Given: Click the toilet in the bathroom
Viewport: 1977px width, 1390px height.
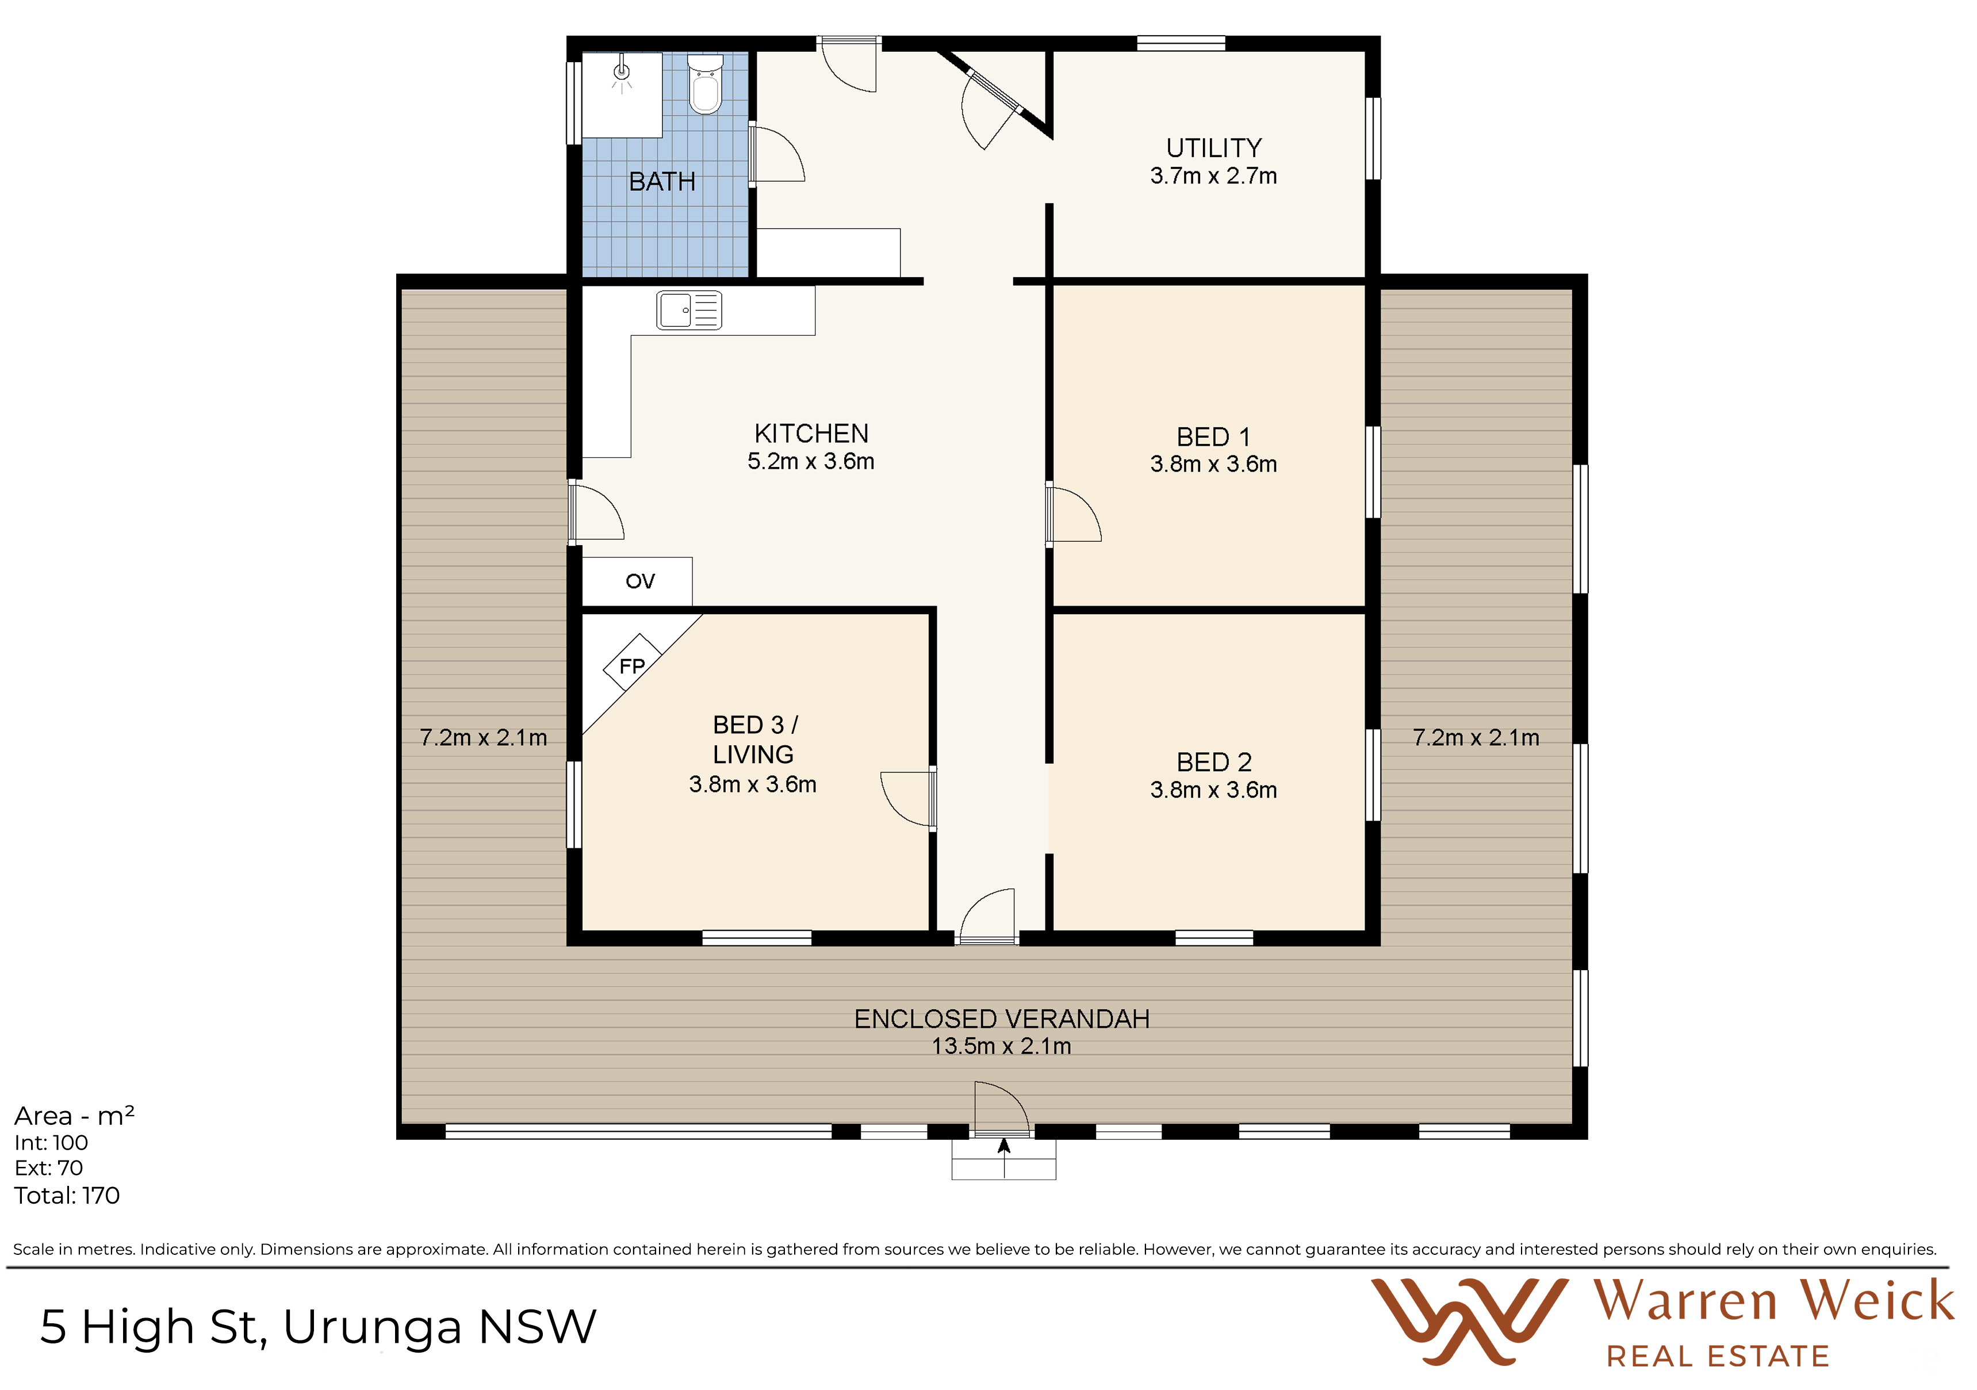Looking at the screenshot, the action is (705, 85).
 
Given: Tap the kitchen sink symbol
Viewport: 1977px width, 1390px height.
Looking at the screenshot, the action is (689, 310).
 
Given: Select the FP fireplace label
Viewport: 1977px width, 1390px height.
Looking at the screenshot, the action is (632, 666).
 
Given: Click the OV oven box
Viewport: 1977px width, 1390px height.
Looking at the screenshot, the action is (637, 581).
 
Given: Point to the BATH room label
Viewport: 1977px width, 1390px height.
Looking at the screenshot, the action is (662, 182).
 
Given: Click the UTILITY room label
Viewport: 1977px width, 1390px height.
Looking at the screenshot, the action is (1214, 148).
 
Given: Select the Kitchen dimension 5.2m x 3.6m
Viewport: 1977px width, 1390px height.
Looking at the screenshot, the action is (811, 462).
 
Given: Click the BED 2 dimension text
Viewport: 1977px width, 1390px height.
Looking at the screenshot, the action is (1214, 790).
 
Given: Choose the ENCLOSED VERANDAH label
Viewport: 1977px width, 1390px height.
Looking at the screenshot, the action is (1002, 1019).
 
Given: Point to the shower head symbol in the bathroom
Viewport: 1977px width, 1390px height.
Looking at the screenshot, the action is (622, 74).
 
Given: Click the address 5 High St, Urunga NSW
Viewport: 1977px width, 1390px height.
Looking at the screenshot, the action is (319, 1326).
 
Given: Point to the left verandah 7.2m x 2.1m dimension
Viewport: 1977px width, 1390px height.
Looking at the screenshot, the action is (483, 738).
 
